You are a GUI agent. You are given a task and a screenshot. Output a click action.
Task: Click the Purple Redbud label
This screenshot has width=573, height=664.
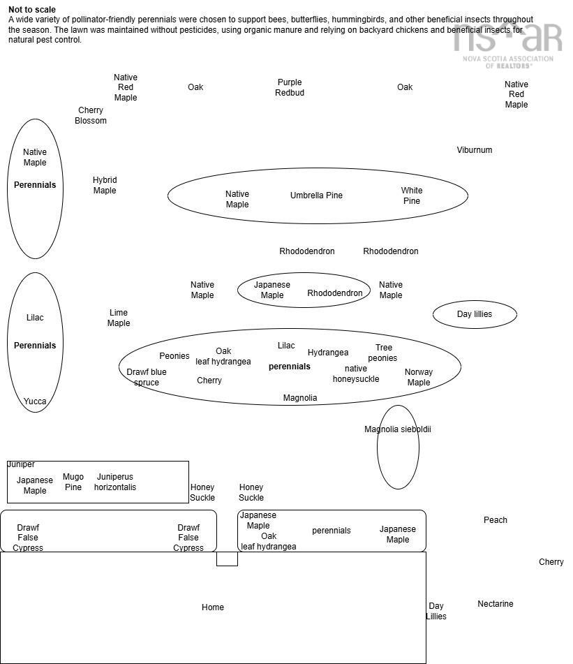point(290,87)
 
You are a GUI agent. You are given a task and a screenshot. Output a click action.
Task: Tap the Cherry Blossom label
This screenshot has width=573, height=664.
point(91,115)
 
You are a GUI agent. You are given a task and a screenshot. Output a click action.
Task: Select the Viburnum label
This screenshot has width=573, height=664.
point(475,150)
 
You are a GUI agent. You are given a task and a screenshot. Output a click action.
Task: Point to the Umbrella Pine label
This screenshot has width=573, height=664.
point(316,195)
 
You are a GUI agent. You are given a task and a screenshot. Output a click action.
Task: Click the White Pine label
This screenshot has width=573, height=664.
point(412,195)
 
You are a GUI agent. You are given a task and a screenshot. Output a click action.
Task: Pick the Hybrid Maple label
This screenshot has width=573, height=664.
point(105,185)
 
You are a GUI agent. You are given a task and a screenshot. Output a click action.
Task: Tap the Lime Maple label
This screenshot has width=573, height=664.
point(119,318)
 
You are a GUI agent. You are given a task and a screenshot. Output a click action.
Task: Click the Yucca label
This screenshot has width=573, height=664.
point(35,401)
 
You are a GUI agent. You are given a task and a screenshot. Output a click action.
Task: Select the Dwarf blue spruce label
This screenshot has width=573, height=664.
point(147,377)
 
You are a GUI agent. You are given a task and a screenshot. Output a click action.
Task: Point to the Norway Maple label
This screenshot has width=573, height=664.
point(419,377)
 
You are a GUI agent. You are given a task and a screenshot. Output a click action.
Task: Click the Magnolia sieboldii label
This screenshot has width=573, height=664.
point(398,429)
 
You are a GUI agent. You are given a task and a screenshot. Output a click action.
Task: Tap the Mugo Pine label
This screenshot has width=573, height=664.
point(73,482)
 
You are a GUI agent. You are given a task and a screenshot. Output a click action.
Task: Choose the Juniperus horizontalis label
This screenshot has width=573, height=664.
point(115,482)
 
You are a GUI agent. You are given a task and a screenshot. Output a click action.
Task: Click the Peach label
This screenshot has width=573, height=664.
point(496,520)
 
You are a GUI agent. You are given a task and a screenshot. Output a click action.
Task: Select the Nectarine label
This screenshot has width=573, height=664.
point(496,604)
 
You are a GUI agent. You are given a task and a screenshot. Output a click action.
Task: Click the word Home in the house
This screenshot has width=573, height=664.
point(213,607)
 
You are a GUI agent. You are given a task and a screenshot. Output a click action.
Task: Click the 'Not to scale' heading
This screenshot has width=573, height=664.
point(32,10)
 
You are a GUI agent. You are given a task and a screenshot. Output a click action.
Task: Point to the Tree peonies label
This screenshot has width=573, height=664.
point(383,353)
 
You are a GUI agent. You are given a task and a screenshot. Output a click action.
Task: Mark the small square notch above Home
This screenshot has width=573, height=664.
point(227,559)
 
